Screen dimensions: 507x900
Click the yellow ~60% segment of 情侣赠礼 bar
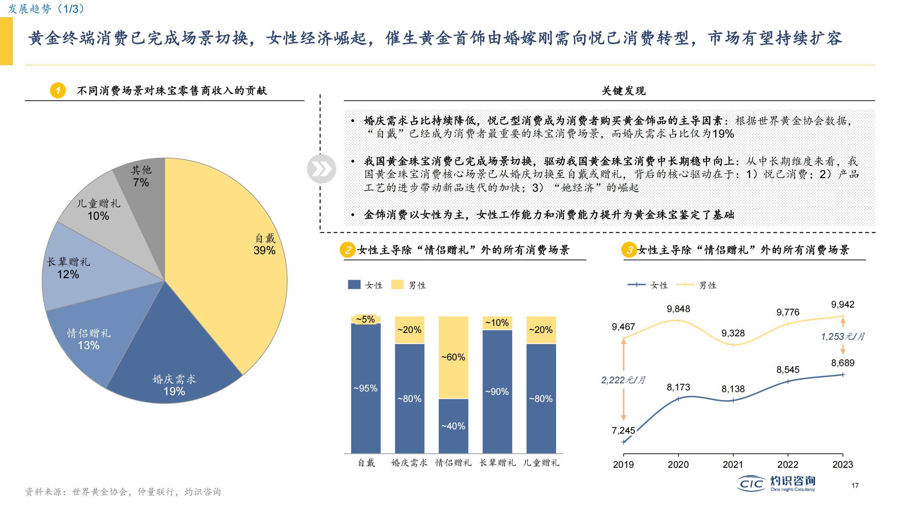453,357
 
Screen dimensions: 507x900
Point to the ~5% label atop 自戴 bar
365,319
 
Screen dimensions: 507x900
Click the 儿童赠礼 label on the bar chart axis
541,463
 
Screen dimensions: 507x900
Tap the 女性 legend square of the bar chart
354,285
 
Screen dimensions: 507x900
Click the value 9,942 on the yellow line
842,305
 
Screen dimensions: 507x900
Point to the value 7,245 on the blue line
623,430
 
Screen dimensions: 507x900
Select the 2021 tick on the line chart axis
733,464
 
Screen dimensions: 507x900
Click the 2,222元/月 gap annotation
623,380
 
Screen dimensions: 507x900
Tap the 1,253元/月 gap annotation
842,337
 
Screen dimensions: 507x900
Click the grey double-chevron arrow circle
321,169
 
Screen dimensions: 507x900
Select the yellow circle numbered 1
58,91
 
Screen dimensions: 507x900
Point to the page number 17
855,485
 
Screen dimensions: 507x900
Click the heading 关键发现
623,91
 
